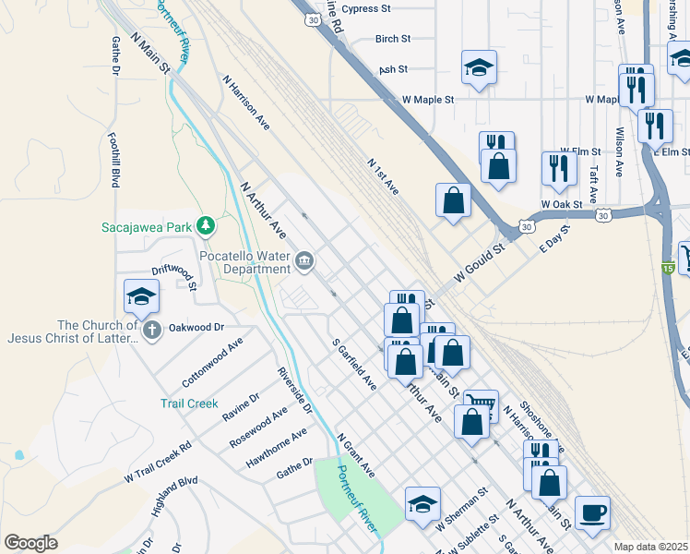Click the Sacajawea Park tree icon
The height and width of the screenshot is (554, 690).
[x=209, y=225]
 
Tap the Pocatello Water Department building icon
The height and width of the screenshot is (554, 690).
[x=304, y=261]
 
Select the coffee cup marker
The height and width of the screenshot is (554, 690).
[x=591, y=512]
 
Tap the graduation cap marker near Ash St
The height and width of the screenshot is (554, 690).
[x=479, y=67]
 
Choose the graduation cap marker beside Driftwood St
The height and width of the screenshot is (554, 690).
[x=141, y=295]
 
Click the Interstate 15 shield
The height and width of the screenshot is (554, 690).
[x=667, y=268]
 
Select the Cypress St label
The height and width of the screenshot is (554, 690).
[x=375, y=9]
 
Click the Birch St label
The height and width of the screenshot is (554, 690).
[x=392, y=40]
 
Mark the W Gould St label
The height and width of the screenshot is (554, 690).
[x=480, y=263]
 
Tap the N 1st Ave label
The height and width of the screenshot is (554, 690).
[x=382, y=175]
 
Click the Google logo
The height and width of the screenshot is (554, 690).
[x=30, y=543]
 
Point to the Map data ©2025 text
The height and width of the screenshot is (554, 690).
[x=650, y=547]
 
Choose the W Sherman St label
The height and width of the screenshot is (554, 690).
[x=463, y=510]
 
